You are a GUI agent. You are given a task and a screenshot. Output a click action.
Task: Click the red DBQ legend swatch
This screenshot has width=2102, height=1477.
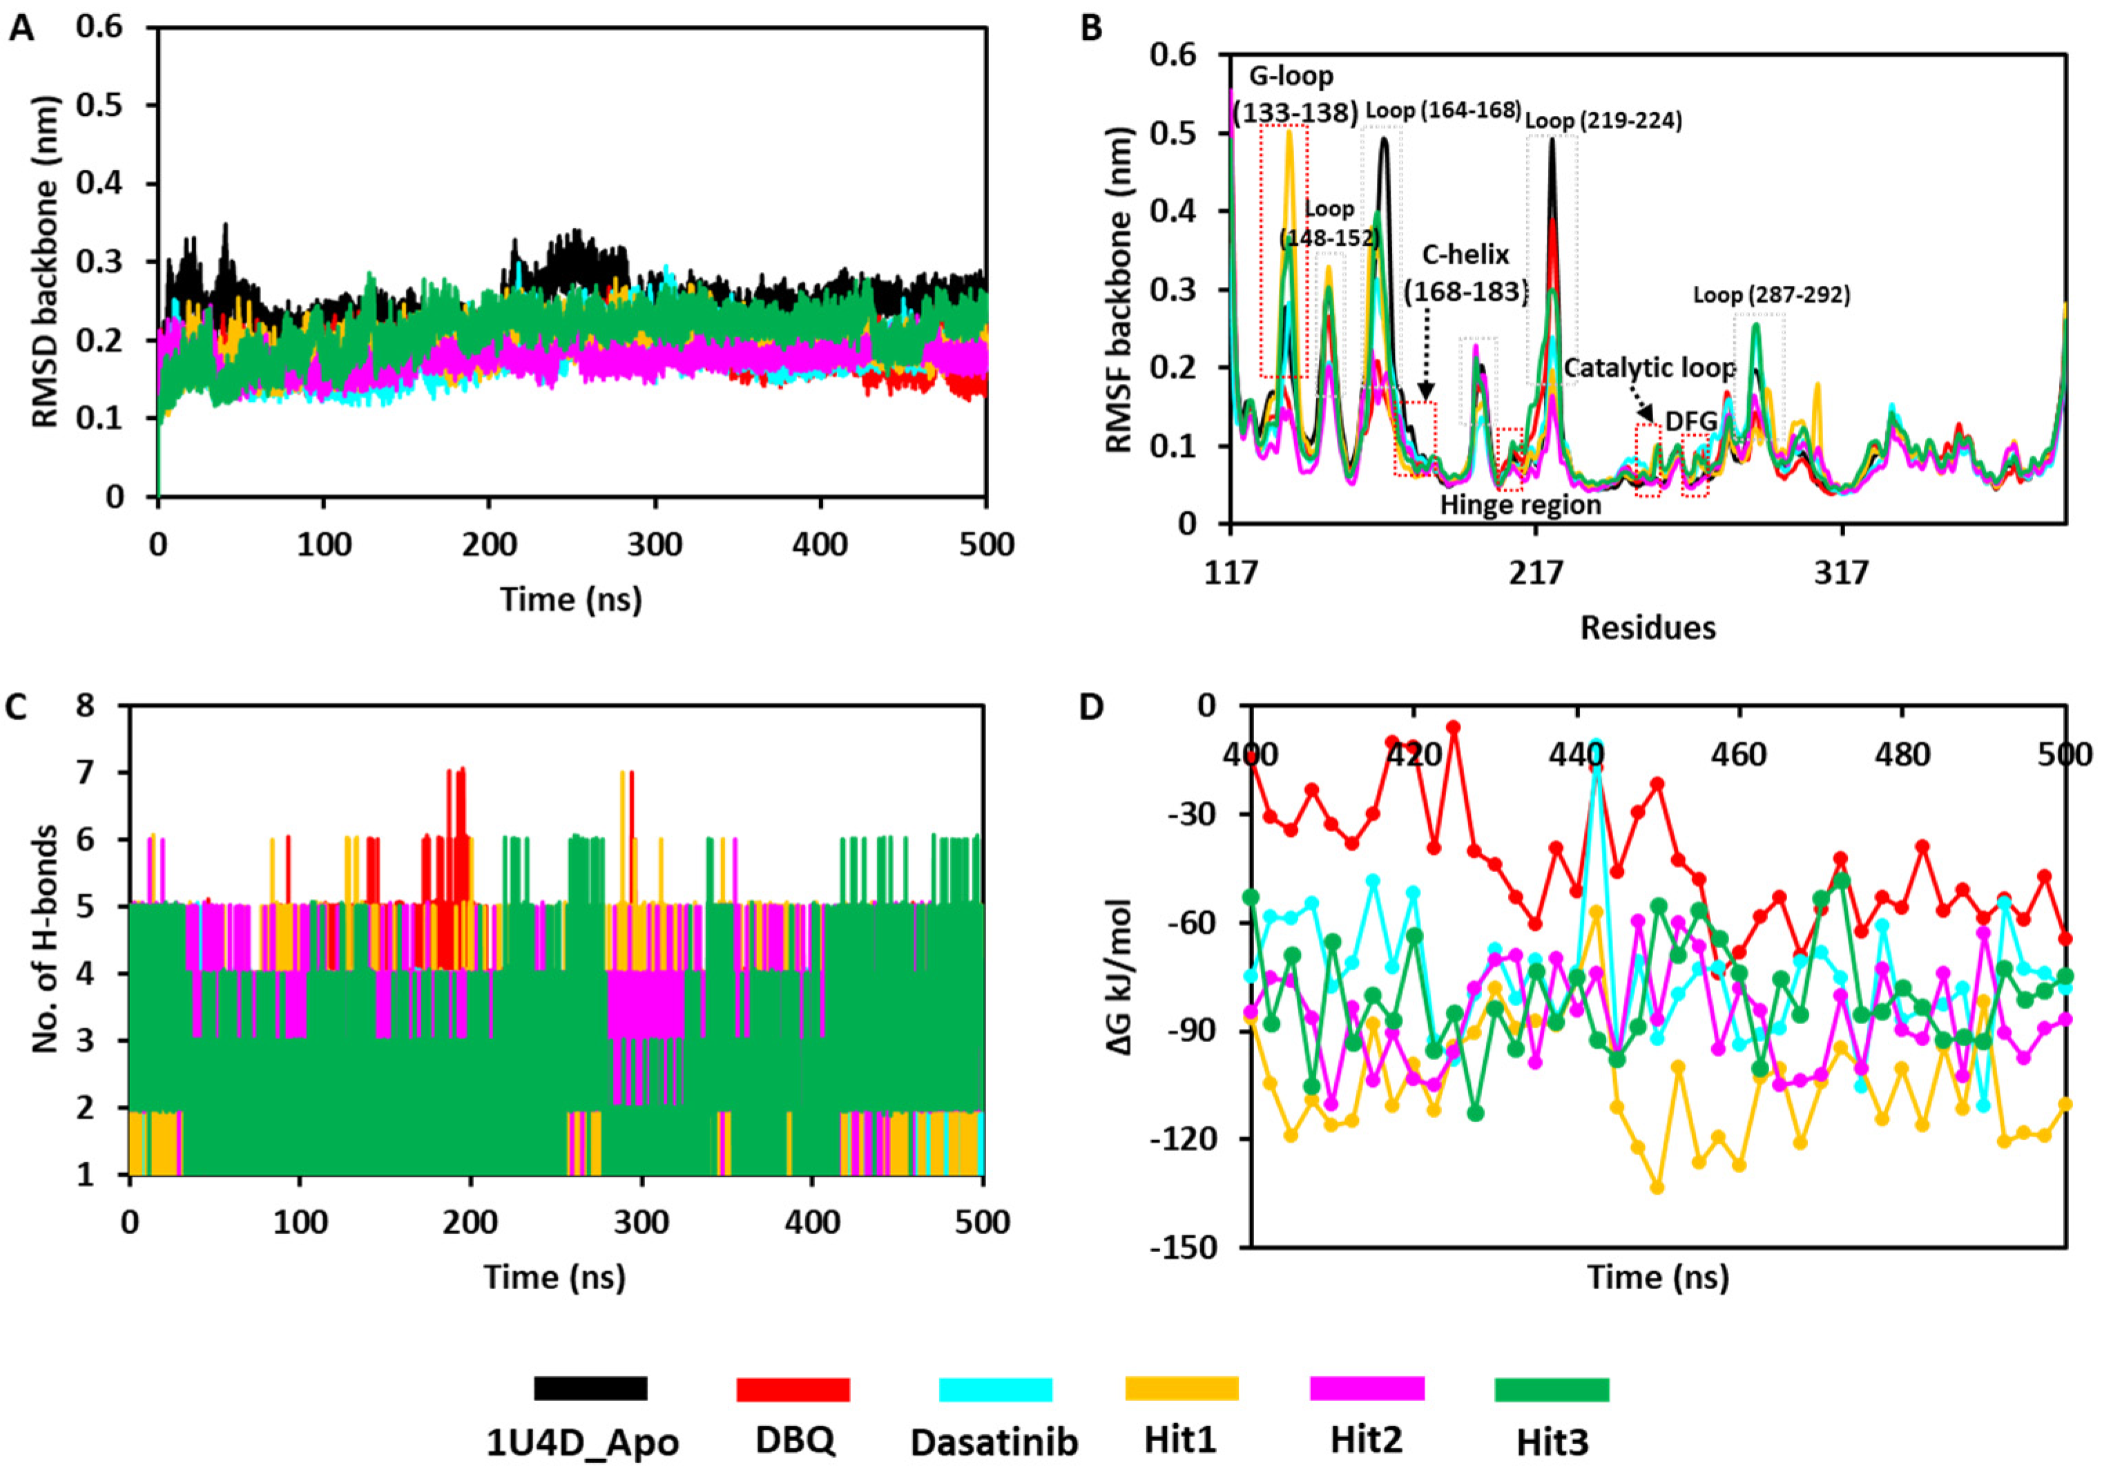[793, 1389]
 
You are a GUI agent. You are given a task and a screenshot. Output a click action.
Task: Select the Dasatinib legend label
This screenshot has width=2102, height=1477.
[994, 1442]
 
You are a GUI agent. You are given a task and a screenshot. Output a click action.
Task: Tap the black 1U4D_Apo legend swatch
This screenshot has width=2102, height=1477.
[590, 1389]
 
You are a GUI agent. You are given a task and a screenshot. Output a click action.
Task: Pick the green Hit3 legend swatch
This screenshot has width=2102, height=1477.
[1552, 1390]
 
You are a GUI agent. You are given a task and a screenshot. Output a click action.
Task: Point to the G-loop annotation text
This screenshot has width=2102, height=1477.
[1292, 75]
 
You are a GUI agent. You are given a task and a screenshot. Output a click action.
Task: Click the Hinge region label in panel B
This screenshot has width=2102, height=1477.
[1521, 505]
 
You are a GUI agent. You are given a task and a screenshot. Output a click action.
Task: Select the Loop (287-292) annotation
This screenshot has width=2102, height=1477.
[1771, 295]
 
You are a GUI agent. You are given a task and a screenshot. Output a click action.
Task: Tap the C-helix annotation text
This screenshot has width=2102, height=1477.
[1465, 255]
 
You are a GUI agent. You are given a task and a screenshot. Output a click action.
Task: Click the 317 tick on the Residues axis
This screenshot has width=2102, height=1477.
[1840, 572]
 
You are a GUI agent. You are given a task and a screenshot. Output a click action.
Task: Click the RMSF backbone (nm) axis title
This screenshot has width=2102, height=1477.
[1121, 289]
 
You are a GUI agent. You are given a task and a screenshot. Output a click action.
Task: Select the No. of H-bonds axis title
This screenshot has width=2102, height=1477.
[46, 938]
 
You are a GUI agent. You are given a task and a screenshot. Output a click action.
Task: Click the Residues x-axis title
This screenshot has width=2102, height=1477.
[1647, 627]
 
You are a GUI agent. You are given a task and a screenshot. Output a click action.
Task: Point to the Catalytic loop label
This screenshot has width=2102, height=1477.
[1648, 368]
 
